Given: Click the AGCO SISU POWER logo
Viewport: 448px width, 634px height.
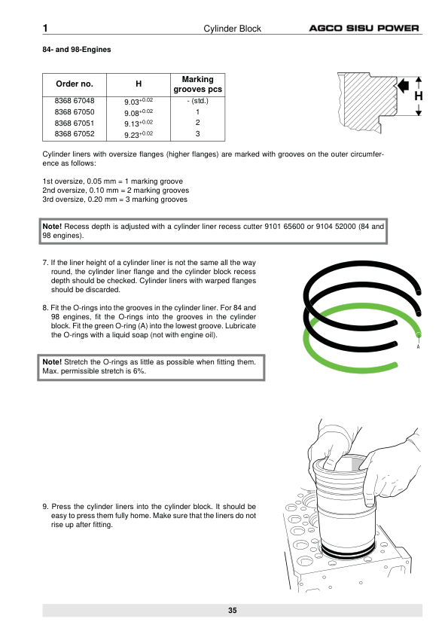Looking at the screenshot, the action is (364, 29).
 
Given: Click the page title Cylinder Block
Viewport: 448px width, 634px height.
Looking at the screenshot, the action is (232, 29).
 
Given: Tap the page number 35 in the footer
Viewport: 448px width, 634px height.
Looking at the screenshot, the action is (232, 611).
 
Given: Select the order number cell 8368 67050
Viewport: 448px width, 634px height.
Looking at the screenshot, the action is (75, 112).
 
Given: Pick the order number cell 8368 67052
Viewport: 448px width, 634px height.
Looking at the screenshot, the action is (75, 134).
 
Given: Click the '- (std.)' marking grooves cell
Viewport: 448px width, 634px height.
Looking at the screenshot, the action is (197, 101).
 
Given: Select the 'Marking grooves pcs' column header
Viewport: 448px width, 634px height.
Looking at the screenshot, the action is (198, 84).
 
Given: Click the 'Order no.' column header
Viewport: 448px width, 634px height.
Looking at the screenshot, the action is (75, 84).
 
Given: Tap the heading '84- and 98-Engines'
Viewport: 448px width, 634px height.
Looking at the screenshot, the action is (76, 50).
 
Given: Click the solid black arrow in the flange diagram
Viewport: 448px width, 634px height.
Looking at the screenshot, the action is (404, 85).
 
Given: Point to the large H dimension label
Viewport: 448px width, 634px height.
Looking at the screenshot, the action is (419, 96).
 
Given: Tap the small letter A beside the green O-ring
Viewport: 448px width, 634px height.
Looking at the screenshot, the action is (418, 347).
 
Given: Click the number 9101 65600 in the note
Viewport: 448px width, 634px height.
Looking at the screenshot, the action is (285, 227).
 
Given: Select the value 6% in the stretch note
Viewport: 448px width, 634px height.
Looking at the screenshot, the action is (139, 370).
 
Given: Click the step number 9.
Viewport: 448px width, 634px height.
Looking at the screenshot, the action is (45, 507).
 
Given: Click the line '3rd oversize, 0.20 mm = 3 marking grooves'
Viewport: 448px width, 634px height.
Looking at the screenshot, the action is (115, 200).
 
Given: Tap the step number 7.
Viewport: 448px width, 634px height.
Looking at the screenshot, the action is (45, 263).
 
